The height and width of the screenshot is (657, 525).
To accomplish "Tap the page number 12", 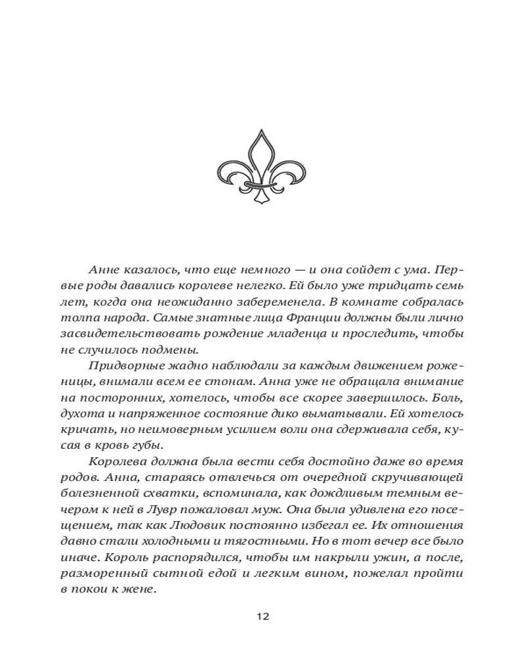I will click(262, 616).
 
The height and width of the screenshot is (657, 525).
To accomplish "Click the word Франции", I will click(274, 317).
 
